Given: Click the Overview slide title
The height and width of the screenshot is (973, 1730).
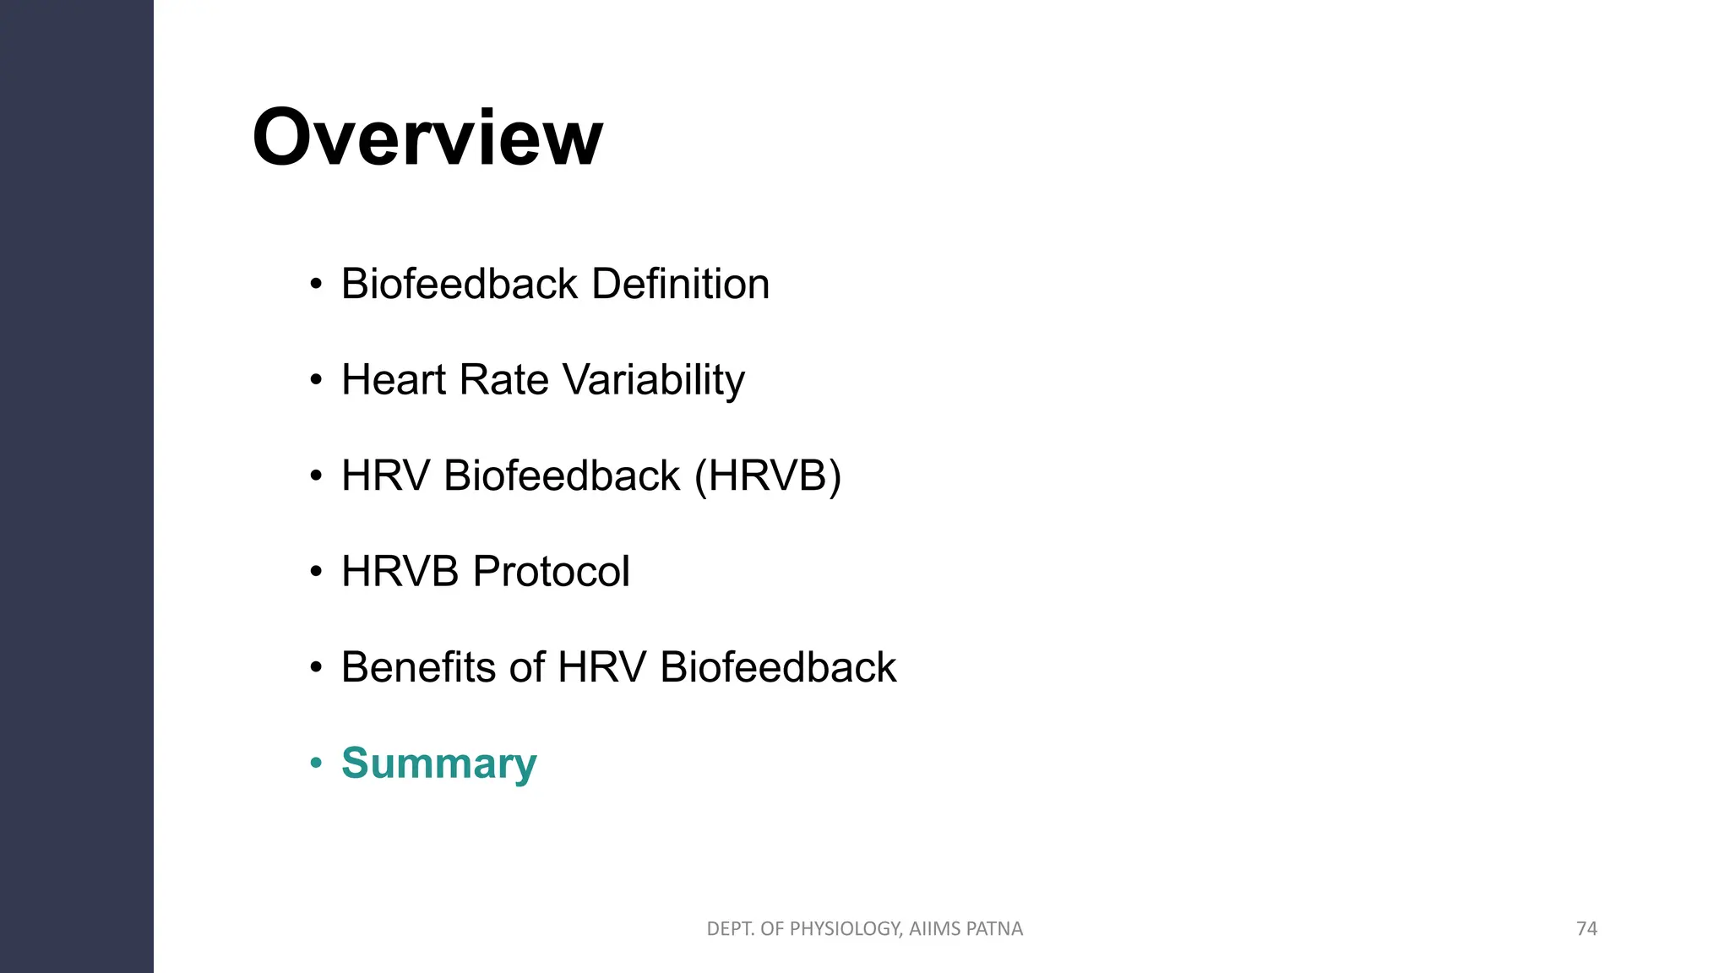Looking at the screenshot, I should click(x=427, y=138).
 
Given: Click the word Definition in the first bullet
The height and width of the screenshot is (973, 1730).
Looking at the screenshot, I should click(x=680, y=284).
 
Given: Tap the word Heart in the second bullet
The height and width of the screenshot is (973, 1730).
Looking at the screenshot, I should click(x=393, y=379).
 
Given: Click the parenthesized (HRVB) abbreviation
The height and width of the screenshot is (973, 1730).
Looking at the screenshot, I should click(x=767, y=476).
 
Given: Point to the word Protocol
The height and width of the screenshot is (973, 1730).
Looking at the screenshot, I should click(x=551, y=572).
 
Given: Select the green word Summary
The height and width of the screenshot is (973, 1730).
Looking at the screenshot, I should click(x=438, y=764).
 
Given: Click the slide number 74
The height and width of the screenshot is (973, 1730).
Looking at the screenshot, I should click(x=1586, y=928).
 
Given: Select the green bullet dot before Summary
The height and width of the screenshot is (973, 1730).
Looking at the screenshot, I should click(x=316, y=764).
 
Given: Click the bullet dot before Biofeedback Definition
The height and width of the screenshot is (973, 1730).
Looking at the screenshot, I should click(x=316, y=285).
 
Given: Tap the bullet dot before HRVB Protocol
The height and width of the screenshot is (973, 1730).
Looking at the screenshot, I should click(x=316, y=572).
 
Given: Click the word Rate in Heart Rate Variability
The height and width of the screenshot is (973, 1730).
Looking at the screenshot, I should click(x=503, y=379).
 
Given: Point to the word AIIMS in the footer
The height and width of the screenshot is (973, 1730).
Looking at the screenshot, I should click(x=934, y=929).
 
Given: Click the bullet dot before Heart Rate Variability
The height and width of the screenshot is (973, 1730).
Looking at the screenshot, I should click(x=316, y=380).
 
